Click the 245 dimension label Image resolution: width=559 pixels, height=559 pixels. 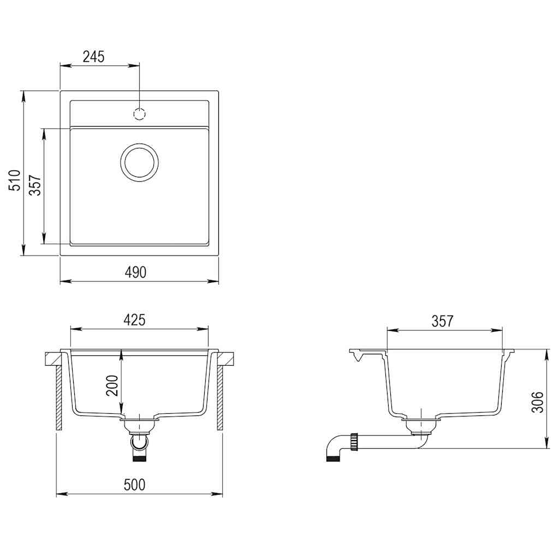coord(93,56)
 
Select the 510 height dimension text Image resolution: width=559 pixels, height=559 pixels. coord(15,180)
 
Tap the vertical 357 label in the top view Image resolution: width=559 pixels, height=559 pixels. coord(34,186)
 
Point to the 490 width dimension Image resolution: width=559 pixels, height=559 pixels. coord(135,272)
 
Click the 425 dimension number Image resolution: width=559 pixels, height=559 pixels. coord(134,320)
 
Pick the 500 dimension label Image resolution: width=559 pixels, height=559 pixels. coord(134,484)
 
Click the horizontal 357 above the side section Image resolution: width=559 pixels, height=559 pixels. coord(442,321)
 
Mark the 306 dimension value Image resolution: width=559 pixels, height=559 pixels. coord(538,402)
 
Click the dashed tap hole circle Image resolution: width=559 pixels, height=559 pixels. coord(140,114)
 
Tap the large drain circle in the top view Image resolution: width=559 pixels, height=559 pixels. coord(140,162)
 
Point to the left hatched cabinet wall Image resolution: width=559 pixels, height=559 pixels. coord(58,398)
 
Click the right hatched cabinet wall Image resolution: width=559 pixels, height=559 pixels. coord(221,398)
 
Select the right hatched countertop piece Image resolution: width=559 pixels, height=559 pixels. coord(227,359)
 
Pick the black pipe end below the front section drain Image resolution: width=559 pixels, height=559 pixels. coord(140,459)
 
